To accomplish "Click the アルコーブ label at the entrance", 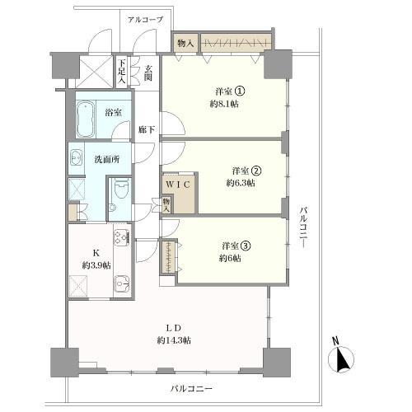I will point(146,18).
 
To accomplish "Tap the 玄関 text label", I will point(148,73).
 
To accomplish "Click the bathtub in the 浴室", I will point(86,120).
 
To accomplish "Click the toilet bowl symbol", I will point(121,192).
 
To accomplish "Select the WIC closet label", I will point(180,185).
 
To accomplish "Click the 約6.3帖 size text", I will point(239,183).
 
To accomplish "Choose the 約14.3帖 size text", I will point(174,340).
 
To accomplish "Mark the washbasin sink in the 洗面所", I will point(77,157).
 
